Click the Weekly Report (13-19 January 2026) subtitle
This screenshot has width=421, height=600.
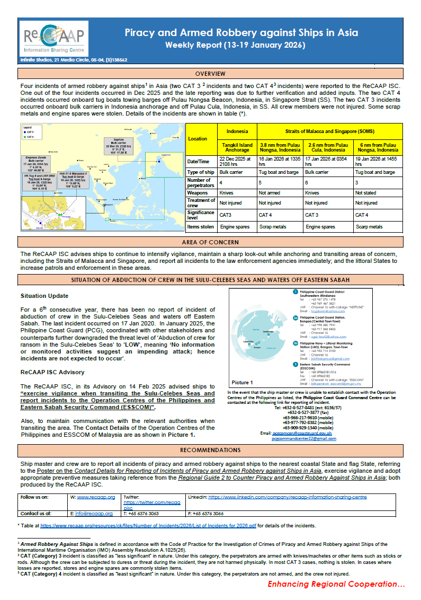(x=235, y=45)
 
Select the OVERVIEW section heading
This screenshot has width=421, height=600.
(x=210, y=74)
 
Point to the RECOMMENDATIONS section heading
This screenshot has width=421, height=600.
(x=210, y=450)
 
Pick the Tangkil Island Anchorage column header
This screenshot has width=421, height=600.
(x=237, y=146)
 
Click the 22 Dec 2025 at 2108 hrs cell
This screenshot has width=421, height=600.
(x=237, y=162)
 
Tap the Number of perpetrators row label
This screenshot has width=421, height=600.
(x=201, y=183)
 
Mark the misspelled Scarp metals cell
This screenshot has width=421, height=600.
(x=369, y=227)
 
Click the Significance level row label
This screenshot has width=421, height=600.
(x=201, y=215)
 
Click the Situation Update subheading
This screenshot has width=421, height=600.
(x=44, y=296)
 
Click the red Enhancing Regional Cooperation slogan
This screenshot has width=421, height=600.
(x=336, y=584)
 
